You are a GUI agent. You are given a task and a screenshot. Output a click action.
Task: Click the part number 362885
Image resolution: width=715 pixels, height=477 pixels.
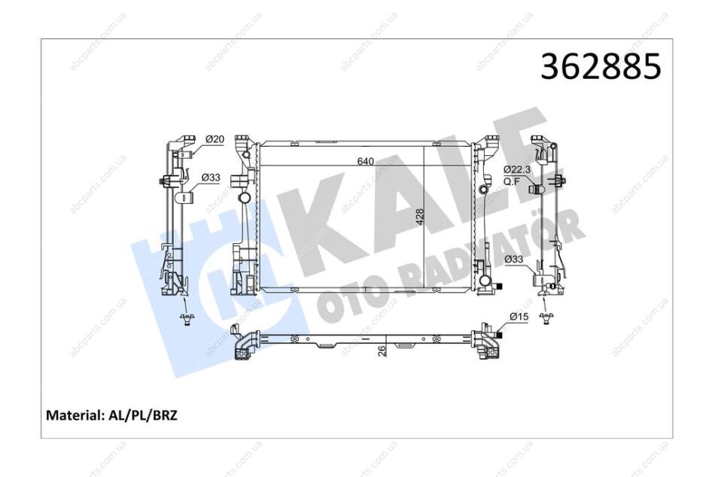point(601,66)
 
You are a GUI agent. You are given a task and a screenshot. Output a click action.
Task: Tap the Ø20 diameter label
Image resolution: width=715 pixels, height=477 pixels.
point(214,139)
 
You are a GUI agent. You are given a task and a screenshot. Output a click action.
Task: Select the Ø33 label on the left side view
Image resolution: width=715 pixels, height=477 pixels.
point(211,178)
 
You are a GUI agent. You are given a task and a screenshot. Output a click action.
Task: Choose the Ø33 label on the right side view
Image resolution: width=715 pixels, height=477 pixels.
point(514,260)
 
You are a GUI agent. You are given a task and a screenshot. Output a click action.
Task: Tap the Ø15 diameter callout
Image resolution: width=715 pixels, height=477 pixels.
point(519,317)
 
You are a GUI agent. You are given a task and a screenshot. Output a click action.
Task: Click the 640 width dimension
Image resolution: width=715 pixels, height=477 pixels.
point(365,162)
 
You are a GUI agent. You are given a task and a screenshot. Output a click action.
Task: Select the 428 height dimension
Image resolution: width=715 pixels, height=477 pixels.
point(419,217)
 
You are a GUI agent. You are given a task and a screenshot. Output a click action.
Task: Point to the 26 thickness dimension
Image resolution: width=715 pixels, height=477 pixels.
point(382,350)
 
